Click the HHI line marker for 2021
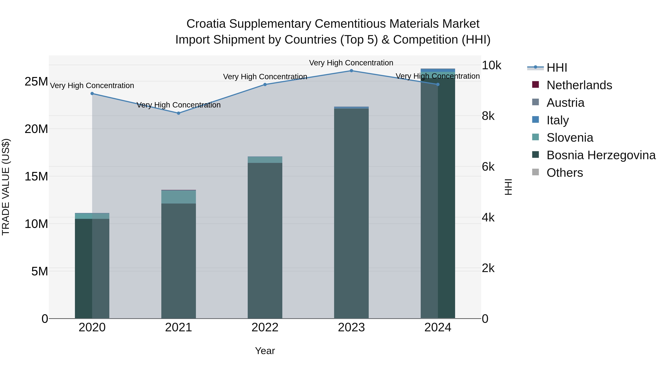178,113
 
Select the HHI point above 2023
351,71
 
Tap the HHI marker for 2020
92,93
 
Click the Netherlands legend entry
579,85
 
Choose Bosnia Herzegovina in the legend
601,155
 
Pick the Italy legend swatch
535,120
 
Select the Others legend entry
565,173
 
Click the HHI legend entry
557,68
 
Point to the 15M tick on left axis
36,177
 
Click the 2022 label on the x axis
265,327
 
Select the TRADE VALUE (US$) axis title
6,187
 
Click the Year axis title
265,351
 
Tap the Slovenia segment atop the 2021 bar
178,197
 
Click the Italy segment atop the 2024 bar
438,70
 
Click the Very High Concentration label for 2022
265,77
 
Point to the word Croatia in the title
206,24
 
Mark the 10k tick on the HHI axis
491,66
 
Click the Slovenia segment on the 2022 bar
265,160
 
